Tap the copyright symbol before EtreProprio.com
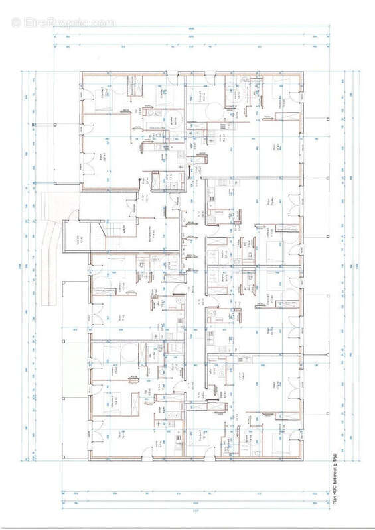(16, 23)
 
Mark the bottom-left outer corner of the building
(88, 458)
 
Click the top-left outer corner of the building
(80, 70)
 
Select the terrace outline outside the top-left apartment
(66, 152)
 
